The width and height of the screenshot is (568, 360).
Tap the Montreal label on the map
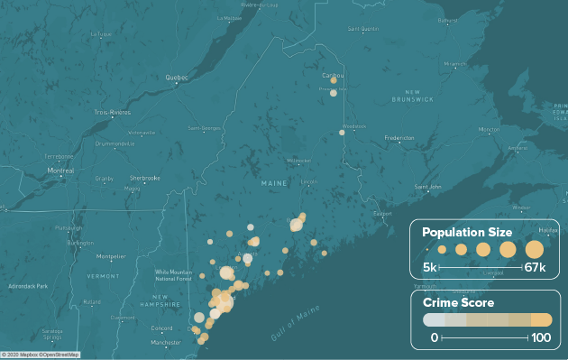click(x=60, y=171)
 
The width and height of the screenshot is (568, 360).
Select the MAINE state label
click(x=273, y=184)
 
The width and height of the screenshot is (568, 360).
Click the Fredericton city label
click(x=399, y=138)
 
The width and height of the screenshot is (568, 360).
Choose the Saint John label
click(x=427, y=187)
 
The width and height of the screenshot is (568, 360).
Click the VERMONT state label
click(x=103, y=275)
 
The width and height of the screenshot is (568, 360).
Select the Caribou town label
click(x=332, y=75)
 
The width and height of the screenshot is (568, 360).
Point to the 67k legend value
click(x=535, y=268)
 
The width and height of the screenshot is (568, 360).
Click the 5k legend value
click(x=431, y=268)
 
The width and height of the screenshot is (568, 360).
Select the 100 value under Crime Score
click(x=541, y=337)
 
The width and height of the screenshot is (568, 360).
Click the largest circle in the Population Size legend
click(x=535, y=249)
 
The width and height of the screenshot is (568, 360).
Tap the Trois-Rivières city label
click(x=113, y=112)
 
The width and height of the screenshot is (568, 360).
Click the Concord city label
click(x=161, y=328)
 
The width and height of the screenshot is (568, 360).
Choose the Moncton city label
click(x=490, y=129)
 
